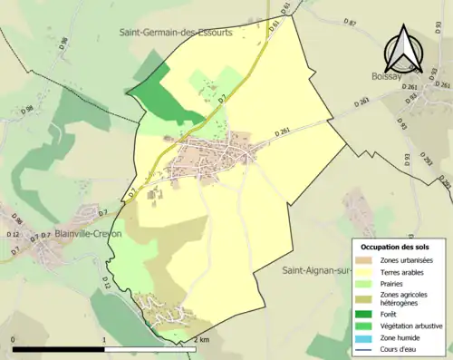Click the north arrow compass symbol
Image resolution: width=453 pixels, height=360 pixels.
tap(404, 49)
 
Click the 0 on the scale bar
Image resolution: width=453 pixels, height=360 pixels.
tap(13, 339)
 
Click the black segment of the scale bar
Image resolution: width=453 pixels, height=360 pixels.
tap(59, 349)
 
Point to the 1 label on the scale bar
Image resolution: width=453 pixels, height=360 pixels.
tap(105, 339)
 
